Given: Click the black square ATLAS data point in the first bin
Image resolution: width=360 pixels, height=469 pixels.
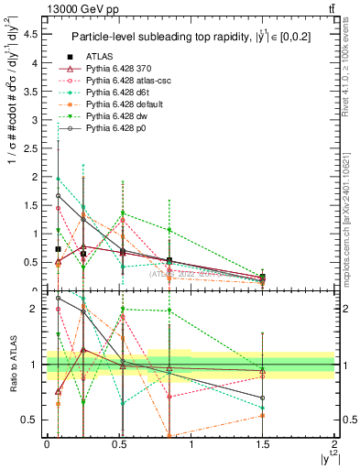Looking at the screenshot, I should [x=58, y=248].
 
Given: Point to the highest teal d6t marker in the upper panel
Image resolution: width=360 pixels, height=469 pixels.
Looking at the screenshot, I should [x=58, y=180].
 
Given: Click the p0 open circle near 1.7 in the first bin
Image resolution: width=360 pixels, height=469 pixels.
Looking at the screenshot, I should [x=58, y=195].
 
